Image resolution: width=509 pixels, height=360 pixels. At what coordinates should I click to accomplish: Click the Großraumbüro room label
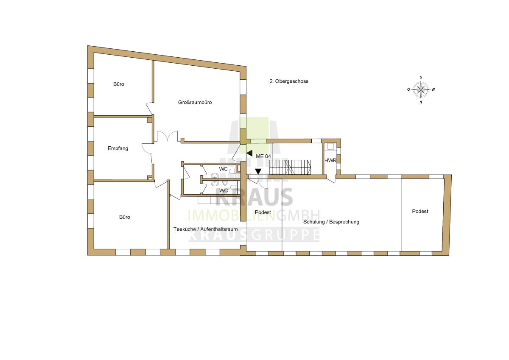(x=195, y=103)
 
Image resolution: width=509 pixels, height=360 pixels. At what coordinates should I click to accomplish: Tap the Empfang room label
(x=118, y=148)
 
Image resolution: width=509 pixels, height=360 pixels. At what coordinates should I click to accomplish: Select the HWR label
(x=330, y=160)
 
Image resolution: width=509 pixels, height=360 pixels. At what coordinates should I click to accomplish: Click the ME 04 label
(x=263, y=156)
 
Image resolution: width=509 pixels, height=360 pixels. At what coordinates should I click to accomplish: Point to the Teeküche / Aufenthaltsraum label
(x=205, y=229)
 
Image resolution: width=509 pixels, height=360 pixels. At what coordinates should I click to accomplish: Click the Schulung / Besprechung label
(x=331, y=222)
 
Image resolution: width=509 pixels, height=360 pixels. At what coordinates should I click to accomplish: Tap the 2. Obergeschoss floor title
(x=289, y=81)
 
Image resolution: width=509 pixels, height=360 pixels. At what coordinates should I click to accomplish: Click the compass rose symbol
(x=421, y=89)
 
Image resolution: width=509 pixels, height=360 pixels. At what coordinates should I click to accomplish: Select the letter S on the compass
(x=421, y=78)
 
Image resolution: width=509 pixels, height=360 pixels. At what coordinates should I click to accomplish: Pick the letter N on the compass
(x=421, y=102)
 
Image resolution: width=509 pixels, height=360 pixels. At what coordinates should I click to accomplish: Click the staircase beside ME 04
(x=290, y=167)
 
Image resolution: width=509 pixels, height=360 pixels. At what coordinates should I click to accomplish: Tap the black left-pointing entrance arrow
(x=249, y=153)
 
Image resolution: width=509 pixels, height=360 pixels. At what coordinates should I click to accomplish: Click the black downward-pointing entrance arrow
(x=258, y=171)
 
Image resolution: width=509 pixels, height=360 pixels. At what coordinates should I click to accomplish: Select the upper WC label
(x=223, y=169)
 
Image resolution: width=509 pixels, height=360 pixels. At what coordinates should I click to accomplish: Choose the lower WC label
(x=224, y=190)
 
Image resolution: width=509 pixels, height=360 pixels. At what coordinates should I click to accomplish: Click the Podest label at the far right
(x=420, y=212)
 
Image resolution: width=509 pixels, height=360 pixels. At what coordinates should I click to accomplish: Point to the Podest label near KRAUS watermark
(x=263, y=212)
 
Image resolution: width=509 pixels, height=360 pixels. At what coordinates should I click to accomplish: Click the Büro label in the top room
(x=119, y=84)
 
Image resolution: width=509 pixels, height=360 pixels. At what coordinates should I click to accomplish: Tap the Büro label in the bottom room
(x=125, y=217)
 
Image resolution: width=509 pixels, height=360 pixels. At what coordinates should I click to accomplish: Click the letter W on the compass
(x=433, y=89)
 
